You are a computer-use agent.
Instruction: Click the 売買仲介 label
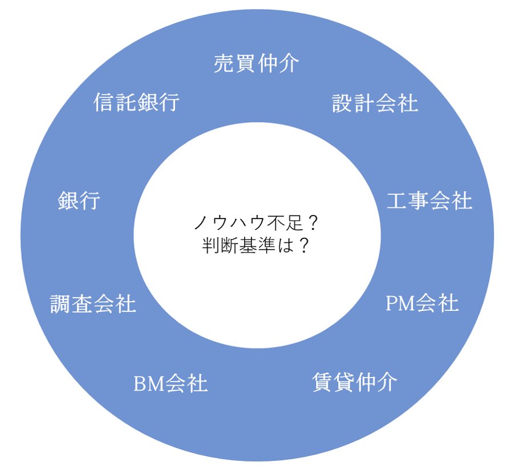256,63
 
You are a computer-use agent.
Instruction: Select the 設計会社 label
375,103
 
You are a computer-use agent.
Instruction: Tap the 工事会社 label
429,201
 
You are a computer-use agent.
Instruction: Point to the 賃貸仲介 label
354,382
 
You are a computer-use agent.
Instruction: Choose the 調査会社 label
93,304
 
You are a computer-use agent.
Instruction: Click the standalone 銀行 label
79,201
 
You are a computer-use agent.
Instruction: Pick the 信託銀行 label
136,103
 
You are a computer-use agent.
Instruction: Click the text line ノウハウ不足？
256,222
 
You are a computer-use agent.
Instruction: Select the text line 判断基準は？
256,245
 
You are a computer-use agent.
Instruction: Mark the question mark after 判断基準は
304,245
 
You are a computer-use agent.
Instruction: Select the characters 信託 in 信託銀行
115,103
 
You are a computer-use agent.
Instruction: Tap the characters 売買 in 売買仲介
235,63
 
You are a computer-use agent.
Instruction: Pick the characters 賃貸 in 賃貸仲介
333,382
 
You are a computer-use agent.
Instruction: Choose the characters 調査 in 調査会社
72,304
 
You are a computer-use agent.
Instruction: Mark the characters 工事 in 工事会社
408,201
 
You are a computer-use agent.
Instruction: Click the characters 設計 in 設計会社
354,103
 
